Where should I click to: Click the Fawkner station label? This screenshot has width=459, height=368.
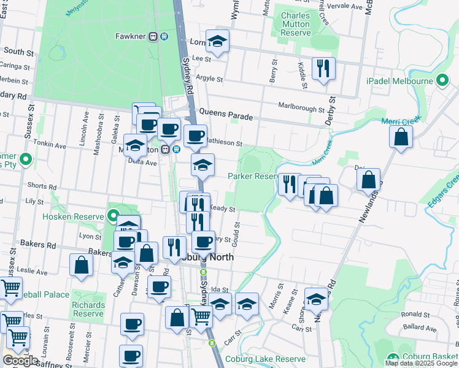(x=130, y=36)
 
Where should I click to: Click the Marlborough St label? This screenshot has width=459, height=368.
(x=301, y=109)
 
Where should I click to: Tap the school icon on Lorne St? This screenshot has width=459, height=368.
(x=217, y=42)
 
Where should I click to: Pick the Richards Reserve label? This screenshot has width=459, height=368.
(x=88, y=309)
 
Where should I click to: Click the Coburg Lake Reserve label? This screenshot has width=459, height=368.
(x=265, y=359)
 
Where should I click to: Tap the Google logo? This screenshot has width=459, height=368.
(x=20, y=360)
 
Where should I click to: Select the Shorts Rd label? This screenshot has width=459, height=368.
(x=42, y=186)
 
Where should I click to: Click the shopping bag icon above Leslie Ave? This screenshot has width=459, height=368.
(x=81, y=265)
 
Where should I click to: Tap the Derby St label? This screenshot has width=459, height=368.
(x=332, y=111)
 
